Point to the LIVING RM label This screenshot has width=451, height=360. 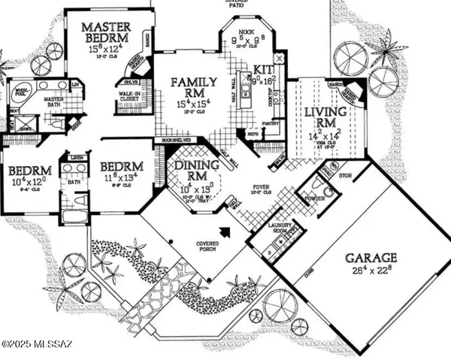point(318,118)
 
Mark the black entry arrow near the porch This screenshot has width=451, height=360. point(223,231)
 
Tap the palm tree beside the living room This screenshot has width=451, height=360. point(388,51)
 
